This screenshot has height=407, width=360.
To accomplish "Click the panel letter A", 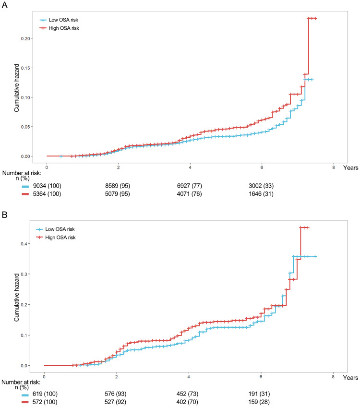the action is tap(4, 5).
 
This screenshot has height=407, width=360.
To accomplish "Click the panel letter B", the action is tap(4, 215).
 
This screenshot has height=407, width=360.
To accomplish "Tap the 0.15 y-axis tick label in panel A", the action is tap(25, 68).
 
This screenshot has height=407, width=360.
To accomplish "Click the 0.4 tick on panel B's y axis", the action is tap(25, 244).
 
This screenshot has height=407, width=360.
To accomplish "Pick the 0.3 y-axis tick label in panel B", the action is tap(25, 274).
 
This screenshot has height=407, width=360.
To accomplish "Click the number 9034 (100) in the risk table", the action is tap(47, 186).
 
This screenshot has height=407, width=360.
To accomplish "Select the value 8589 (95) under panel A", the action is tap(118, 186).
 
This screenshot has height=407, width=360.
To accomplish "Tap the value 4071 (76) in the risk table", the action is tap(189, 194).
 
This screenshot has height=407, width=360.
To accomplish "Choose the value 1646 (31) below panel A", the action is tap(261, 194).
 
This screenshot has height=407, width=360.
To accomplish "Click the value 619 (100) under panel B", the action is tap(45, 394).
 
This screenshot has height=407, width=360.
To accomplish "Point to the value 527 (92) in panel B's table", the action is tap(116, 402).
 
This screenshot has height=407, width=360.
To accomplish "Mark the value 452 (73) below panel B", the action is tap(187, 394).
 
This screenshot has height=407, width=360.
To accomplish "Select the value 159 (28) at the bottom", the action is tap(259, 402).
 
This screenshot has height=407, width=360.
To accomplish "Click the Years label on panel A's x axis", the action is tap(351, 168).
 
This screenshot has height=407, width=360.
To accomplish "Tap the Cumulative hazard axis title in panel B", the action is tap(17, 298).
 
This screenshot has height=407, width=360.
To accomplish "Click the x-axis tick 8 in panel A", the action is tap(334, 168).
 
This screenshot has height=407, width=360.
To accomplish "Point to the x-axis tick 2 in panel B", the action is tap(116, 377).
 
